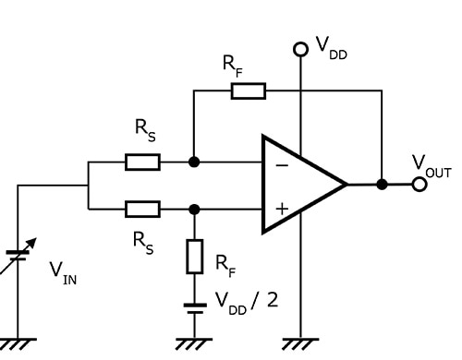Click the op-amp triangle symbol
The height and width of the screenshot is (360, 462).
click(x=300, y=185)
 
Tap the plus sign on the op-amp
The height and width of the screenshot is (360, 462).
click(x=281, y=209)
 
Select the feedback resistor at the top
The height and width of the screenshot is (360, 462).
click(x=248, y=90)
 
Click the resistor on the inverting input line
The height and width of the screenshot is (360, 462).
click(x=142, y=162)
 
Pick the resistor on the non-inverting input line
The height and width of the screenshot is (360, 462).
click(x=142, y=209)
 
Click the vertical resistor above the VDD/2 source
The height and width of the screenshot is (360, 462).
click(x=194, y=257)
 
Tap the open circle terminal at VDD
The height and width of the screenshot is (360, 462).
click(x=298, y=48)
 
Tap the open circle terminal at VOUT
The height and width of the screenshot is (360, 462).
click(x=419, y=185)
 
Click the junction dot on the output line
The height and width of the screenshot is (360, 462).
click(x=382, y=185)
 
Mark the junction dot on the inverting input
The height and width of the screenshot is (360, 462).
click(x=194, y=162)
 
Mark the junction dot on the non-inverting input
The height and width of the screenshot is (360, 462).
click(x=194, y=209)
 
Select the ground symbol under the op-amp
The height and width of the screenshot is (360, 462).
click(x=298, y=343)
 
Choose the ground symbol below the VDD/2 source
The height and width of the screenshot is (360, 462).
click(x=194, y=343)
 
